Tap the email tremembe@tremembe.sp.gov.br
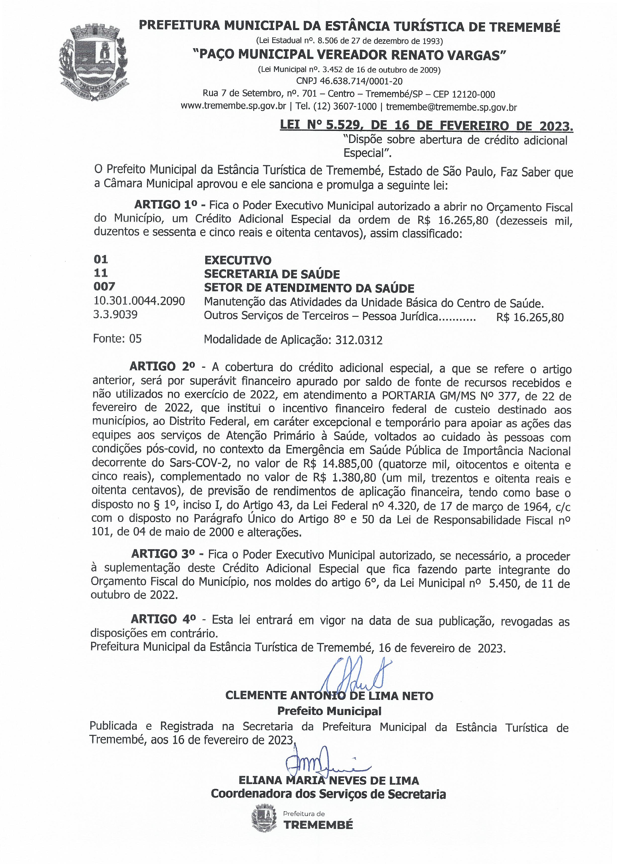coord(451,107)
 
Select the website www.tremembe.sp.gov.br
coord(233,107)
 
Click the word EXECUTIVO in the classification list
coord(238,261)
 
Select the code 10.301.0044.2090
coord(139,302)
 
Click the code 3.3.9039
coord(115,315)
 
